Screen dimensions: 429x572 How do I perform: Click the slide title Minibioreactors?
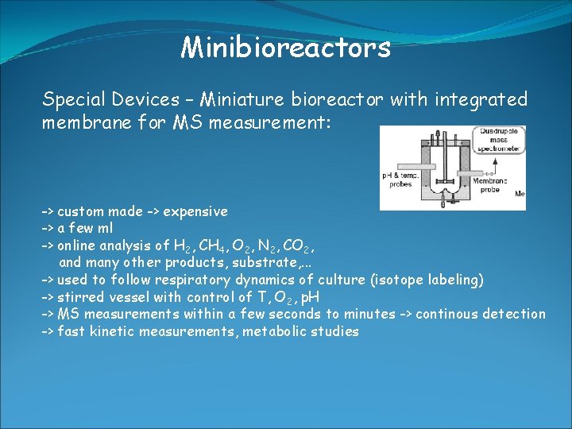[285, 48]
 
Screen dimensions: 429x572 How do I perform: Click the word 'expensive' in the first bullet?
[197, 211]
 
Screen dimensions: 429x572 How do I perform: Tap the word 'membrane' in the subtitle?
[85, 124]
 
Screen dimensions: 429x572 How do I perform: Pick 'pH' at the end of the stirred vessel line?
[311, 297]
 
